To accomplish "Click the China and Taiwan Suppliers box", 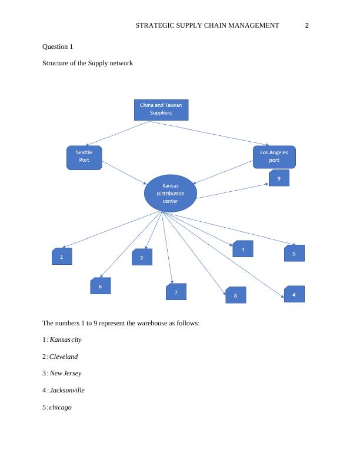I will tap(161, 109).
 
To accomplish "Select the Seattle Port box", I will tap(84, 157).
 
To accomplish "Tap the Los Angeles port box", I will tap(274, 157).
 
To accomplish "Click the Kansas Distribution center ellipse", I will tap(170, 193).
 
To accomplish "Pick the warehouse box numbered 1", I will tap(62, 257).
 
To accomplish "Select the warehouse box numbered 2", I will tap(142, 257).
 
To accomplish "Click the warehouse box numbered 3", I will tap(242, 249).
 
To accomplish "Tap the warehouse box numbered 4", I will tap(294, 294).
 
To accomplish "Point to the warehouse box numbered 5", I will tap(294, 253).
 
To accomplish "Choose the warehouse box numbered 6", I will tap(101, 286).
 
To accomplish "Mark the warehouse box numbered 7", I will tap(176, 292).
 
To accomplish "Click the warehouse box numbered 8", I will tap(235, 295).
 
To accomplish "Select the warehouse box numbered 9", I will tap(279, 178).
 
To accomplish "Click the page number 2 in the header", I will tap(306, 25).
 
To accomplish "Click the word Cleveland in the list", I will tap(64, 357).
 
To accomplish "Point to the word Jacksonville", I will tap(67, 390).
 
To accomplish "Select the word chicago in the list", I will tap(61, 407).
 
